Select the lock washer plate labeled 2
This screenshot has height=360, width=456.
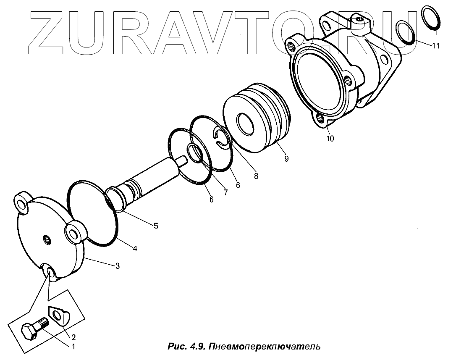pos(59,315)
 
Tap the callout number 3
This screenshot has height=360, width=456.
pos(118,265)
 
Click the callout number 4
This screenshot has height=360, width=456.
pos(134,248)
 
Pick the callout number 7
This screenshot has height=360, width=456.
pos(225,192)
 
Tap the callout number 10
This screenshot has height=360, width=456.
pos(330,138)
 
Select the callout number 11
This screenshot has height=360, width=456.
pos(436,46)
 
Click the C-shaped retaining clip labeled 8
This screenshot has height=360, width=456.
pos(222,139)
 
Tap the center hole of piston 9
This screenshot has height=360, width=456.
pos(245,124)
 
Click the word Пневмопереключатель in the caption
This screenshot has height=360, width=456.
pos(265,347)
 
